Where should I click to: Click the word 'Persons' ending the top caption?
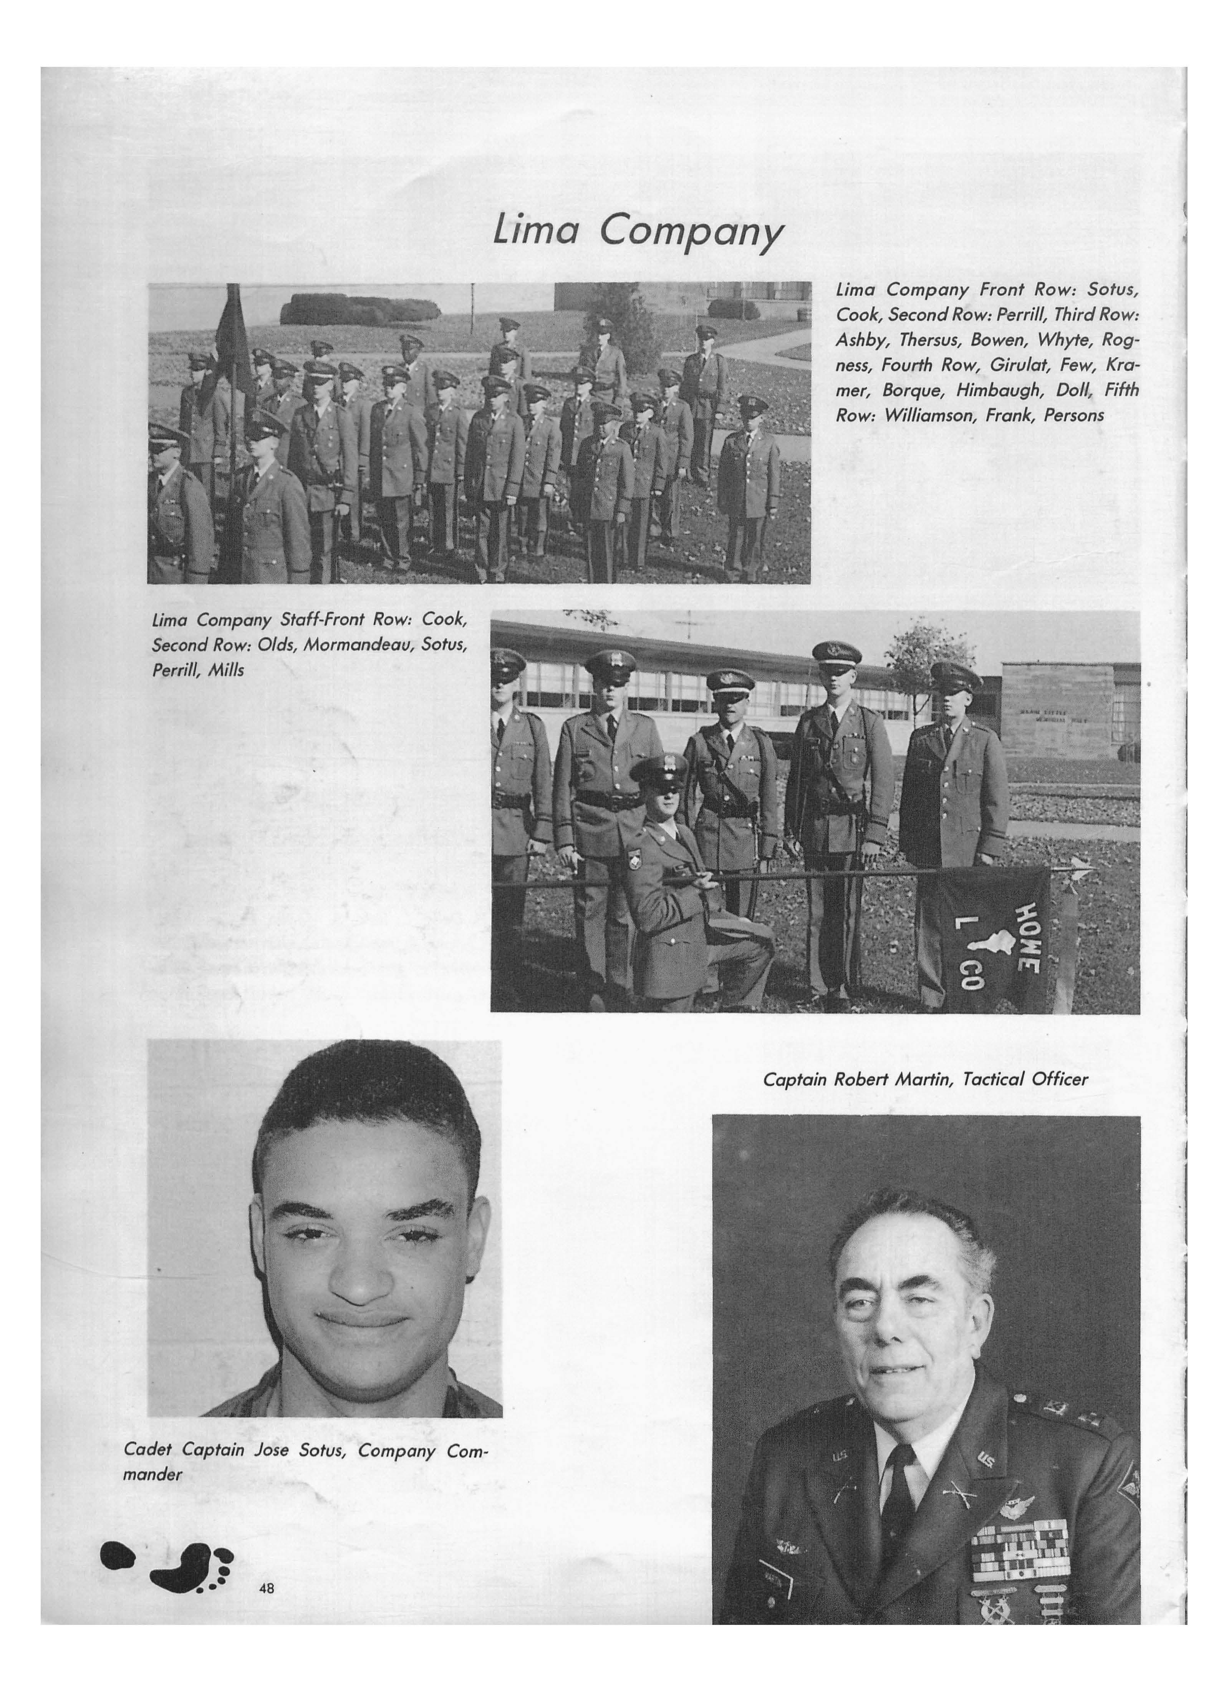pos(1073,415)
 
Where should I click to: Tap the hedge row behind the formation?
pos(360,309)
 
